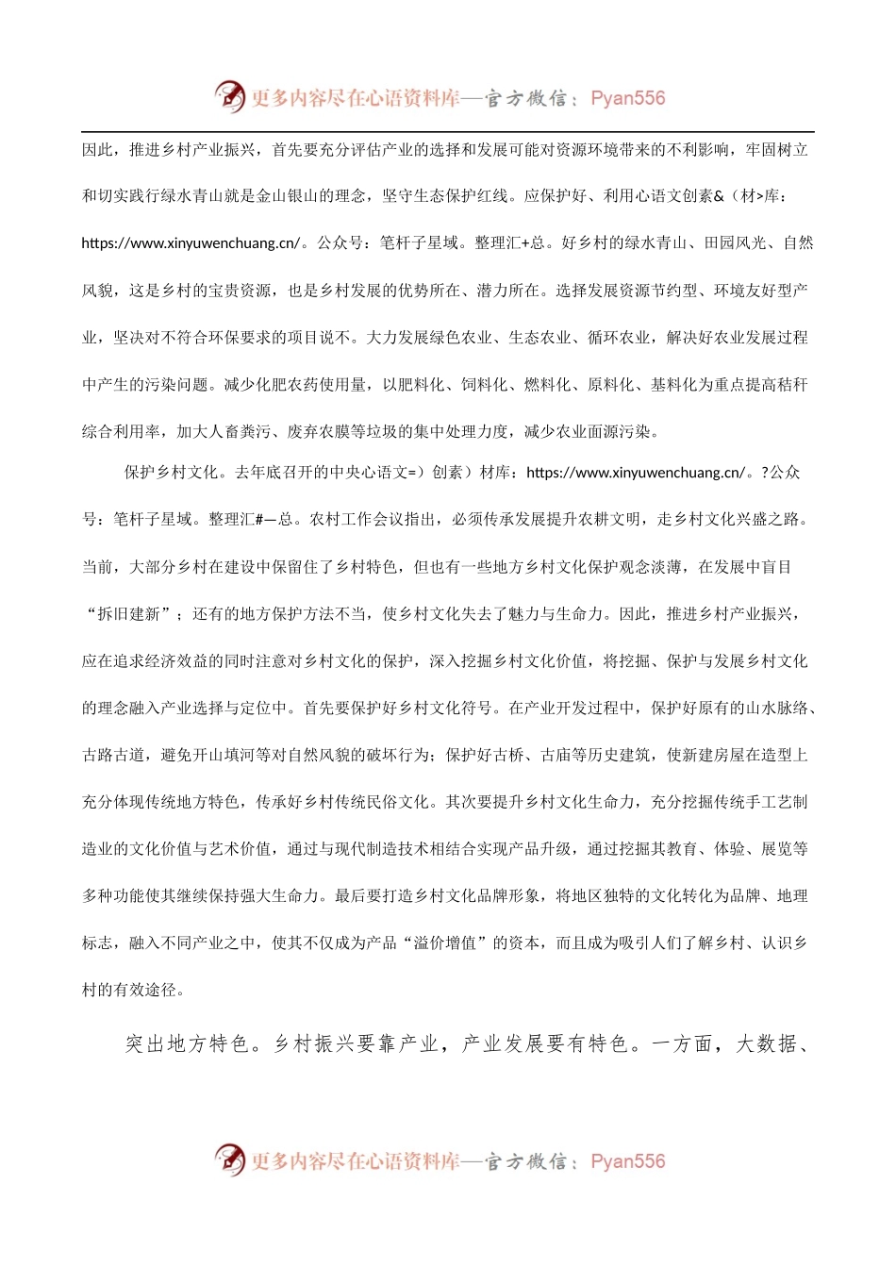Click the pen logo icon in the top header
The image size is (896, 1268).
229,96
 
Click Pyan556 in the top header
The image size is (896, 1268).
627,98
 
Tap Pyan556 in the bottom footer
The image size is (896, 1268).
627,1161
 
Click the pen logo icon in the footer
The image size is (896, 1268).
229,1160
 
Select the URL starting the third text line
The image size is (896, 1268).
191,243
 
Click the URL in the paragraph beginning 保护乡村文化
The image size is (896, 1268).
636,473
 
